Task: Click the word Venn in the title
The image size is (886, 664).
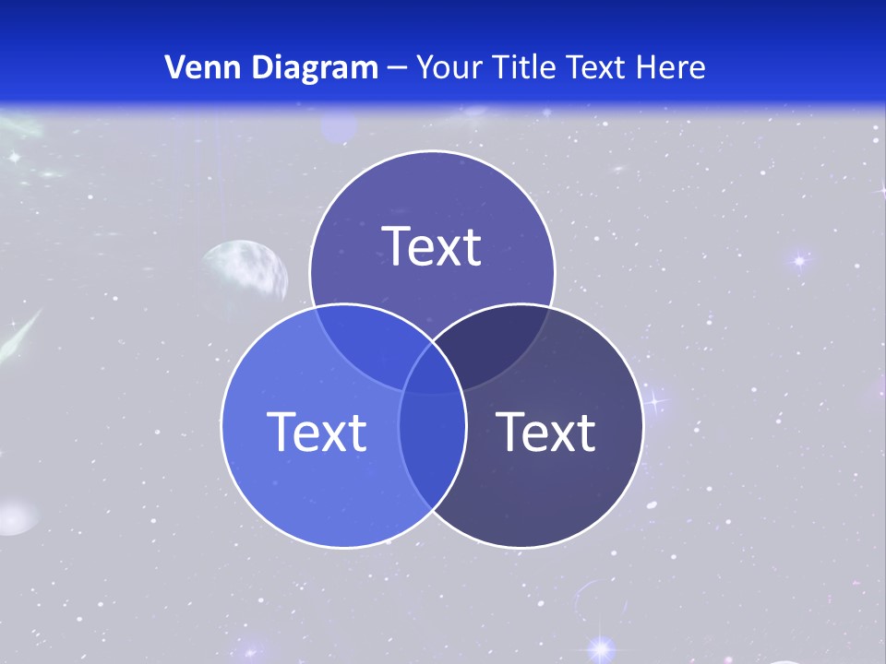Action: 195,67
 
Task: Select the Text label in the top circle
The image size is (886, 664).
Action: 432,246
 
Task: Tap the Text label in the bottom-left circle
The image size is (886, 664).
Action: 317,432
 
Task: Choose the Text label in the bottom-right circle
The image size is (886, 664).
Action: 546,432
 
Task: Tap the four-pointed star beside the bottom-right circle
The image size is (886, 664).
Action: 655,400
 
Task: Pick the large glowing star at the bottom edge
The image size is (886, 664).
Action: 602,649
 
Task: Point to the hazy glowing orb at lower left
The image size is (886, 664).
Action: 16,516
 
